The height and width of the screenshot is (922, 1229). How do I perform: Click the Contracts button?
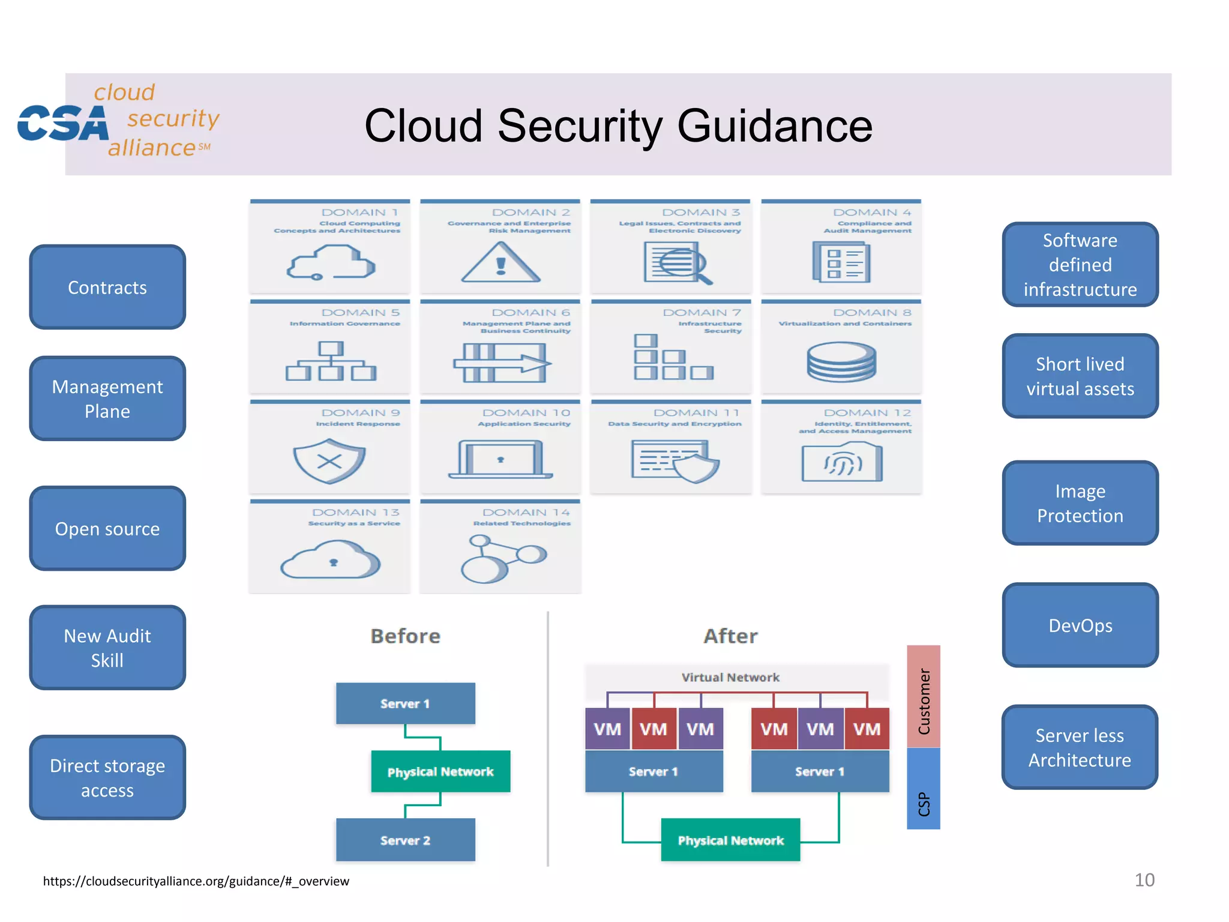pyautogui.click(x=107, y=287)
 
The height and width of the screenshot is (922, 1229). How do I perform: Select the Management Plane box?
pyautogui.click(x=107, y=399)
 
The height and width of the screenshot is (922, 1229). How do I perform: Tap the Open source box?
pyautogui.click(x=107, y=528)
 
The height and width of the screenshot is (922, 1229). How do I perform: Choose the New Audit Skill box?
pyautogui.click(x=107, y=647)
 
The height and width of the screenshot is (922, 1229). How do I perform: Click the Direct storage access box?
pyautogui.click(x=107, y=777)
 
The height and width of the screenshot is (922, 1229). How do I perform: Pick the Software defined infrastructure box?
pyautogui.click(x=1080, y=265)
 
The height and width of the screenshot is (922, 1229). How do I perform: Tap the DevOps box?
pyautogui.click(x=1080, y=625)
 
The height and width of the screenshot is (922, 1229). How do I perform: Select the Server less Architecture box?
pyautogui.click(x=1080, y=747)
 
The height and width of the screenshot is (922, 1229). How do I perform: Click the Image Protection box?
pyautogui.click(x=1080, y=503)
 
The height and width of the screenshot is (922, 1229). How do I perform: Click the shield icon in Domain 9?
pyautogui.click(x=329, y=461)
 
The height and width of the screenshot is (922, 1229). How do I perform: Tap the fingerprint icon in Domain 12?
pyautogui.click(x=842, y=462)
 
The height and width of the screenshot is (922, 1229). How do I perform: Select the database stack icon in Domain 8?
pyautogui.click(x=841, y=361)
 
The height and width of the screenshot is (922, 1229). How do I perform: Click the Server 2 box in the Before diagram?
pyautogui.click(x=405, y=840)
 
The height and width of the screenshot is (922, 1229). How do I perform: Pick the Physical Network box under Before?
pyautogui.click(x=440, y=771)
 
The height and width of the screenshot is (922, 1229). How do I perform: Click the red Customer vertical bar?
pyautogui.click(x=923, y=696)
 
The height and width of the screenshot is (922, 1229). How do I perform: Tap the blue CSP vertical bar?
pyautogui.click(x=923, y=789)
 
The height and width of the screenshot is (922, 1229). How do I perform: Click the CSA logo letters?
pyautogui.click(x=63, y=123)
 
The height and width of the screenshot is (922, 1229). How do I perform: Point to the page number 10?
pyautogui.click(x=1144, y=880)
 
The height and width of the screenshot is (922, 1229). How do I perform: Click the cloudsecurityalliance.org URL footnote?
pyautogui.click(x=196, y=881)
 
